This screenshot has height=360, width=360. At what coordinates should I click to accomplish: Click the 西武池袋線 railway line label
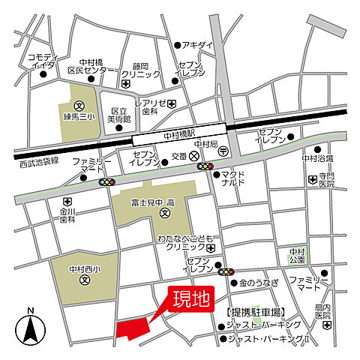pyautogui.click(x=40, y=162)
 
